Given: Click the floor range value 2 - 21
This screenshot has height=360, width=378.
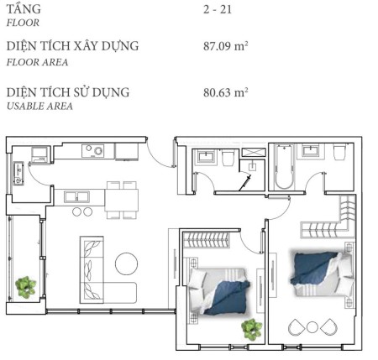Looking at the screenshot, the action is [x=218, y=9].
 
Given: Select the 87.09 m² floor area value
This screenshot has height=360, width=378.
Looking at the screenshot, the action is [x=226, y=46].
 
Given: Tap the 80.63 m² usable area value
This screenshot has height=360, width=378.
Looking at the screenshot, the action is [x=226, y=92].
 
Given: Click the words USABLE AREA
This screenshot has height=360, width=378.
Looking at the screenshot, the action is [x=39, y=107].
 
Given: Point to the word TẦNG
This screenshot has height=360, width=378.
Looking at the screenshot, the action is [x=24, y=8].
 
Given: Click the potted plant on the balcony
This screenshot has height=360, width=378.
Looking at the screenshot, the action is [x=26, y=287].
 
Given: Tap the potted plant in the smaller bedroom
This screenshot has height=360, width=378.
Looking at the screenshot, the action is [x=252, y=330].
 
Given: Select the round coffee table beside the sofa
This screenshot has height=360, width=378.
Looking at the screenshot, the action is [x=126, y=263].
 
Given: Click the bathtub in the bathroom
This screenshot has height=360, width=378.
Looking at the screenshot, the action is [x=284, y=166].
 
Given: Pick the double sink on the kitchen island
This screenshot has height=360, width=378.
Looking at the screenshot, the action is [x=76, y=197].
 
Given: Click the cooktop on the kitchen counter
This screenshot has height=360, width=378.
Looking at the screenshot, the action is [x=93, y=151].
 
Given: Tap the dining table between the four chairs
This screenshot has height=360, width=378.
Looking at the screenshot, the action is [x=121, y=201].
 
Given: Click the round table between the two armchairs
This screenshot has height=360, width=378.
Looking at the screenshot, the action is [x=312, y=327].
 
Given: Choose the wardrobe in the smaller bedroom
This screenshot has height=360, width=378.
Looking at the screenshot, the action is [x=206, y=240].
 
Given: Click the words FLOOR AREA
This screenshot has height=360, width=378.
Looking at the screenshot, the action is [x=37, y=62].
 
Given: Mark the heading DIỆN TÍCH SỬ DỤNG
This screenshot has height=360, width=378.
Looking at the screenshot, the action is [x=68, y=92].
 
